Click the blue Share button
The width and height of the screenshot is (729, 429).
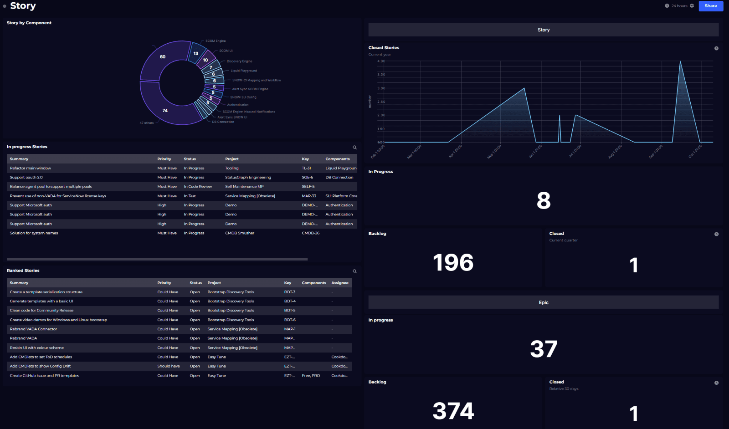pos(710,6)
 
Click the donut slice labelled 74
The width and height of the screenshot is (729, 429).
pos(164,110)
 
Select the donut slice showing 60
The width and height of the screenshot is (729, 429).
pos(163,57)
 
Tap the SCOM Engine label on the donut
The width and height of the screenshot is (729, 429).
pos(216,41)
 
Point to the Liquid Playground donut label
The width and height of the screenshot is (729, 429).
pos(244,71)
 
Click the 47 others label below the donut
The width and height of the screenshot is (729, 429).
pos(147,123)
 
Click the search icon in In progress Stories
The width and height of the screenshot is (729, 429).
pos(354,147)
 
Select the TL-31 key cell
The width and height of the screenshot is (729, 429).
pos(306,168)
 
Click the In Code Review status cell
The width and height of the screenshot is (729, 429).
pos(198,186)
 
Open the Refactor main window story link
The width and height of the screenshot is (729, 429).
pos(31,168)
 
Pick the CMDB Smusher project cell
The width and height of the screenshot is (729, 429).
pos(240,233)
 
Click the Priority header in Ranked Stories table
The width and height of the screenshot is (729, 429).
pos(164,283)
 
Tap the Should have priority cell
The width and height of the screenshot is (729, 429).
pos(169,366)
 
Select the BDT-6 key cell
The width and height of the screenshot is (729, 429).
pos(290,320)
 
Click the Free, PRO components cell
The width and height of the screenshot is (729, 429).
pos(311,376)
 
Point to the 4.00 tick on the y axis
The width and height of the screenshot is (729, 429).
pos(381,61)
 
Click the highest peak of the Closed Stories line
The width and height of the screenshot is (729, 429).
pos(680,61)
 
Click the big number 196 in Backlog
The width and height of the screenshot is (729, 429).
pos(453,263)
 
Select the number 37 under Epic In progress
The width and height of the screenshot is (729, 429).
pos(543,349)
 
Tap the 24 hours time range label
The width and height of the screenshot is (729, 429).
pos(679,6)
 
